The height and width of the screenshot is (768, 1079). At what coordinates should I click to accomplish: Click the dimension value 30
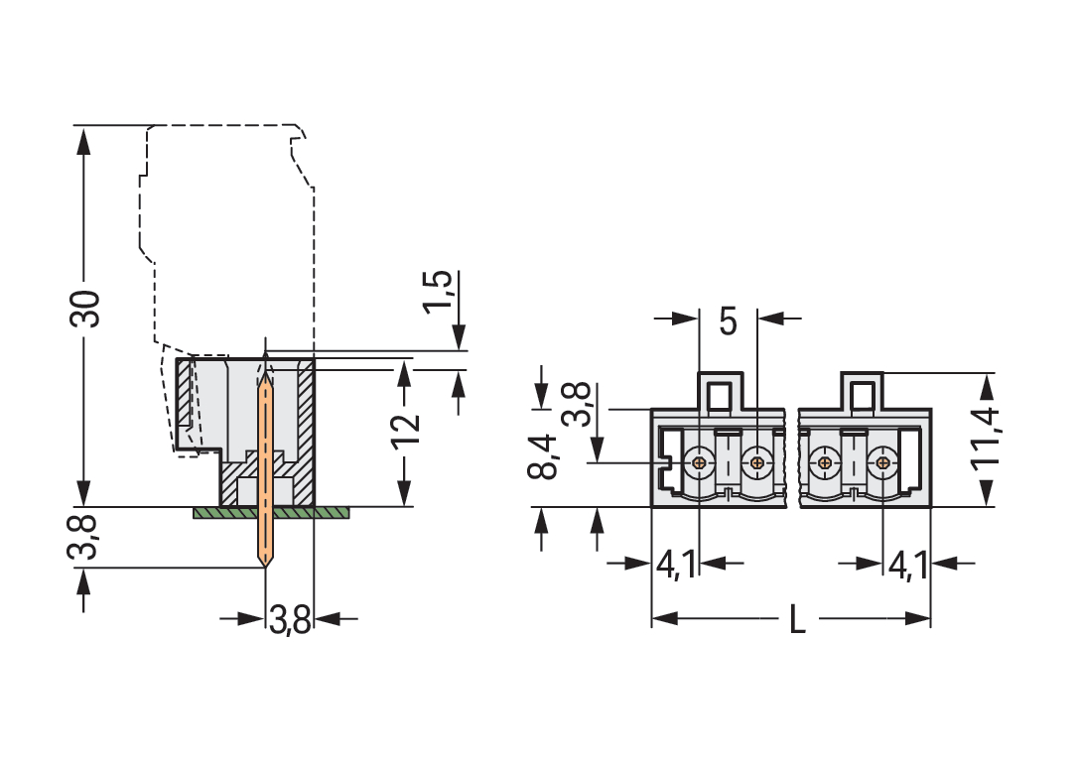86,310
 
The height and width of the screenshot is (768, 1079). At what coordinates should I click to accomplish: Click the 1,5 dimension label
439,291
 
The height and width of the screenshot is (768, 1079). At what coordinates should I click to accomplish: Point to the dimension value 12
406,429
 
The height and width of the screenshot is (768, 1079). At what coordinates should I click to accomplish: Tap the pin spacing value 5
728,321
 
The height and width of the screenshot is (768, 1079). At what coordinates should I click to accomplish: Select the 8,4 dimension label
543,457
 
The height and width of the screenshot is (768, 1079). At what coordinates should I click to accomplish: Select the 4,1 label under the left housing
676,566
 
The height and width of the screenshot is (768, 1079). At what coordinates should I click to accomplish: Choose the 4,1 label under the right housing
907,566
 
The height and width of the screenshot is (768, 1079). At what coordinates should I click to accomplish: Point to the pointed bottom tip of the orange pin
265,565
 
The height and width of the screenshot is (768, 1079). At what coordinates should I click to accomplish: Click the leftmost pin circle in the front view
700,462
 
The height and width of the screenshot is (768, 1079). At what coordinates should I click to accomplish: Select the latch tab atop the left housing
722,391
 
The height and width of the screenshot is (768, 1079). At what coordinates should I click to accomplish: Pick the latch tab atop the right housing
862,391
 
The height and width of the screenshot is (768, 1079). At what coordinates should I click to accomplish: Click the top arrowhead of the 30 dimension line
83,138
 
